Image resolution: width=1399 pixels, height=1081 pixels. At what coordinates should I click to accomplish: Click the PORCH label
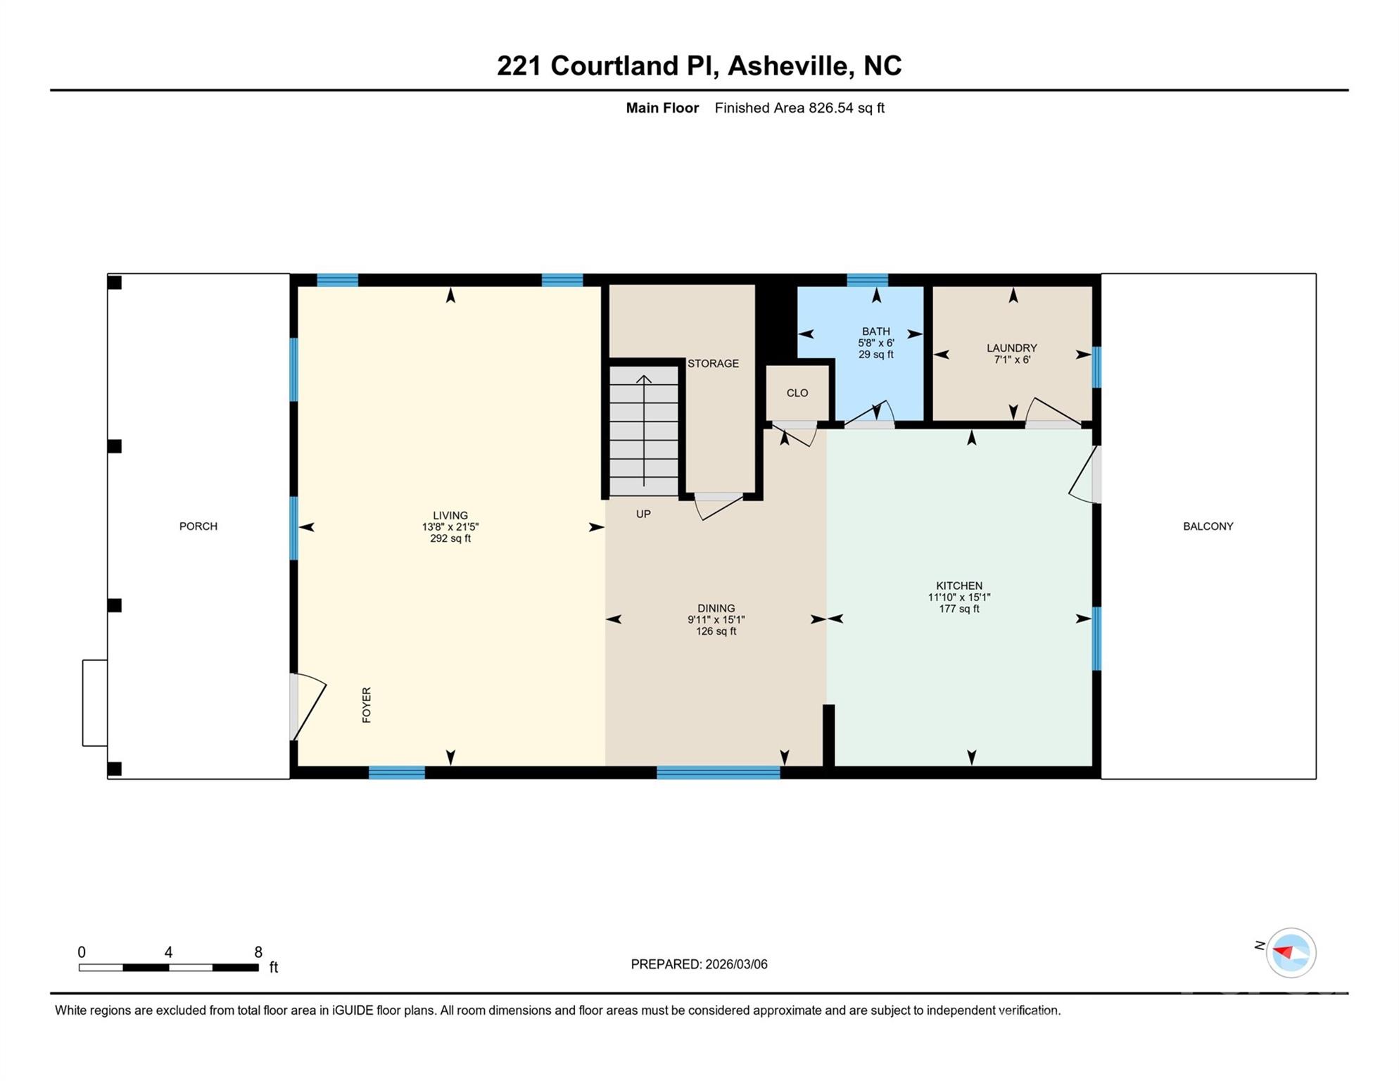(198, 526)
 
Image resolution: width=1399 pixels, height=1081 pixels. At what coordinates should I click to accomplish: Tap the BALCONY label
(1208, 526)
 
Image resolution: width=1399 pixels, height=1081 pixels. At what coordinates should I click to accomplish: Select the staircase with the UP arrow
(643, 430)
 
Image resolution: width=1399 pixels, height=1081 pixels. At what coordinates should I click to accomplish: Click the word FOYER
(367, 704)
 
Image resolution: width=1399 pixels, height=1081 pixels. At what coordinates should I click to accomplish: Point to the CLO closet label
(797, 393)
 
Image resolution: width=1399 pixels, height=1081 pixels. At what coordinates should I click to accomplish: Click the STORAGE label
(713, 364)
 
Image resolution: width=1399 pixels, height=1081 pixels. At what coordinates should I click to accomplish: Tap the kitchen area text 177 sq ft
(958, 609)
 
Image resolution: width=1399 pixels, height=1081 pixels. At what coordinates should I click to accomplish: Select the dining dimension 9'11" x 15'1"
(716, 620)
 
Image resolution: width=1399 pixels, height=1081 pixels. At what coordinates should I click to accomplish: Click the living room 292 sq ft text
(450, 539)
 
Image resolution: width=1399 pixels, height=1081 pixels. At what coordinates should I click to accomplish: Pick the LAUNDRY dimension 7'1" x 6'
(1012, 360)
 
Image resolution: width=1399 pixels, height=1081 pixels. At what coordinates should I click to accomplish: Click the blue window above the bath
(867, 280)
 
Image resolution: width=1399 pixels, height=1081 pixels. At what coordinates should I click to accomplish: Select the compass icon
(1291, 953)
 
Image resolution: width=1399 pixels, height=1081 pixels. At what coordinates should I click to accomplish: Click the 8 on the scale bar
(258, 952)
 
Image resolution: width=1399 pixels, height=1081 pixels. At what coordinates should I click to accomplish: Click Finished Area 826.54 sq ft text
(799, 108)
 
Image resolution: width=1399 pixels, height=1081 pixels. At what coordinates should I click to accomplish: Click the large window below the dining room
(718, 773)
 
